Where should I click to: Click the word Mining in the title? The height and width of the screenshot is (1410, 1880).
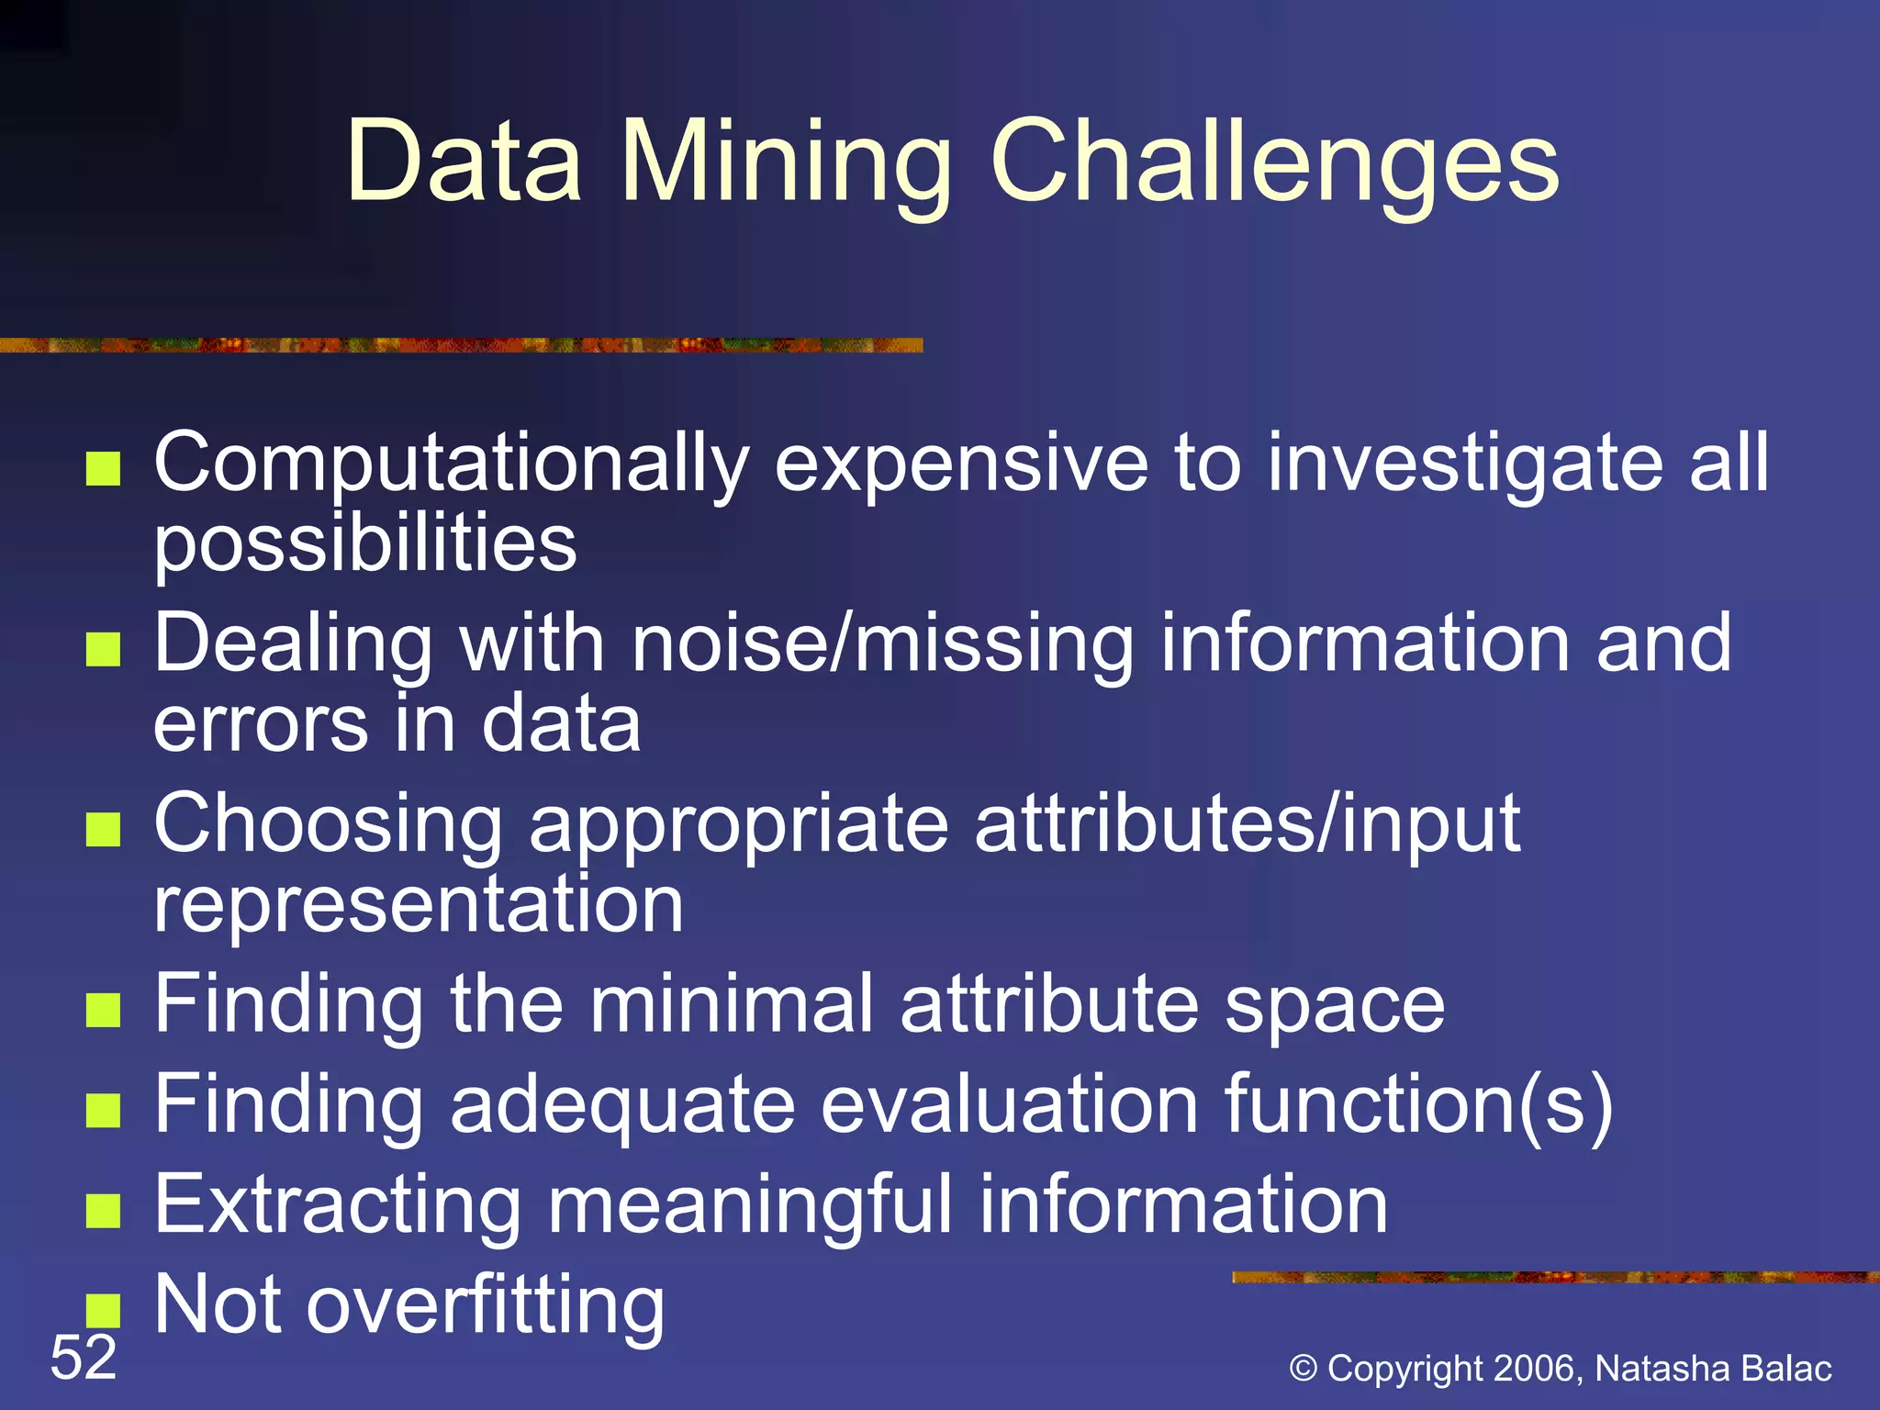pos(787,163)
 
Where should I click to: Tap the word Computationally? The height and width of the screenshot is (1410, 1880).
pos(452,464)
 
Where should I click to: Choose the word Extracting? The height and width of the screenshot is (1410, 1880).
pos(338,1205)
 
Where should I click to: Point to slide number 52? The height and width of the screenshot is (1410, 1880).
pos(84,1358)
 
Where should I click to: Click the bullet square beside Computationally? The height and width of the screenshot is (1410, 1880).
pos(103,468)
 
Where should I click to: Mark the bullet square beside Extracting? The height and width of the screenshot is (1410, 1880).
pos(103,1210)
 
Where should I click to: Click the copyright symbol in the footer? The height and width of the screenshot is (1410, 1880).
pos(1304,1369)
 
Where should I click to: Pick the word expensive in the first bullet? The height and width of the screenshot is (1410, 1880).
pos(961,464)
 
